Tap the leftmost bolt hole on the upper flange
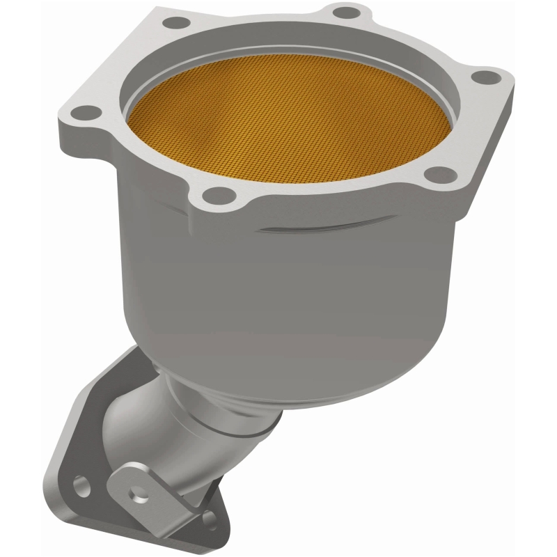(x=85, y=110)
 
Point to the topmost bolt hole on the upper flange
(x=342, y=12)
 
